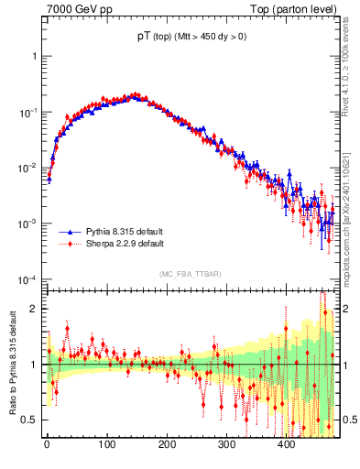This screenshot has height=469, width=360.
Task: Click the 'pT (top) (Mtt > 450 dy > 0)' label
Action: [x=191, y=37]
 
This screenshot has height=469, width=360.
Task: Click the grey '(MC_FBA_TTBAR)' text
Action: [x=191, y=275]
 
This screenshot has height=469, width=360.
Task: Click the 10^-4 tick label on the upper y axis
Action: [x=27, y=279]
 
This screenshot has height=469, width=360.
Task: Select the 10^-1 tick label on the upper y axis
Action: [x=27, y=112]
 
